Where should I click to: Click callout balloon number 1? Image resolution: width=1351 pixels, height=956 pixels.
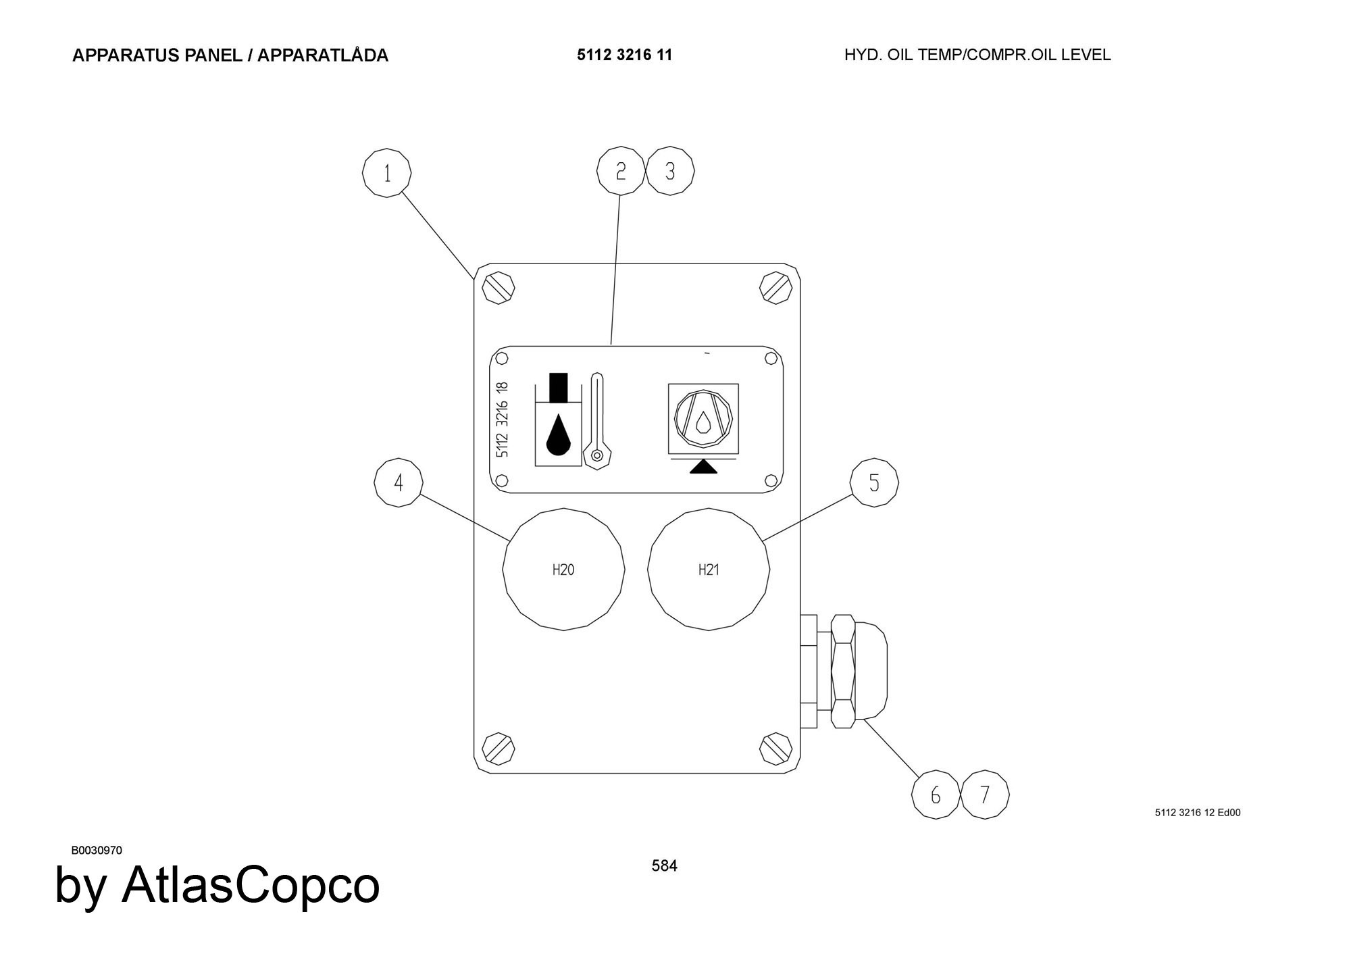point(387,174)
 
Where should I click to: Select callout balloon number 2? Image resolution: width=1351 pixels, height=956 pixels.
point(621,171)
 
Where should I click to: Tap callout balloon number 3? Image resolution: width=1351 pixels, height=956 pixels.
point(670,171)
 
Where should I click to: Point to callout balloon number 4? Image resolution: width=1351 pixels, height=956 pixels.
point(399,482)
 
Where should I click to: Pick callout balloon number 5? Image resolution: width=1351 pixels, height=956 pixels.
point(874,482)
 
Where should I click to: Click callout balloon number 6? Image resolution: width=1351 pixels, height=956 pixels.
point(936,795)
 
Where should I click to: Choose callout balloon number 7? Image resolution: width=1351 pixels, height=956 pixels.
point(985,795)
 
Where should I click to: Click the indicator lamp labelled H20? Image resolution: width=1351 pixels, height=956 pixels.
point(563,570)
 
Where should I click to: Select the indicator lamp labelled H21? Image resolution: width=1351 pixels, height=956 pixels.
point(709,570)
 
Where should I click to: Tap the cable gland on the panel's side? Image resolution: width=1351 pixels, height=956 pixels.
point(844,671)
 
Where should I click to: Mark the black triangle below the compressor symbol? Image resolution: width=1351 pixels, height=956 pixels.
point(703,467)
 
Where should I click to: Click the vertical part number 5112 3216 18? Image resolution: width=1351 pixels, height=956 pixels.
point(502,420)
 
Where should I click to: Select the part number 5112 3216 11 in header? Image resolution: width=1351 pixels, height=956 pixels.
point(625,55)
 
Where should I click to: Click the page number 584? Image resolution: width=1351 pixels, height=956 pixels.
point(664,865)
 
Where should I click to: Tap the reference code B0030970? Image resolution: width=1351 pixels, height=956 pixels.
point(97,850)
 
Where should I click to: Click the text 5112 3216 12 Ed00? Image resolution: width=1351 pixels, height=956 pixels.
point(1198,813)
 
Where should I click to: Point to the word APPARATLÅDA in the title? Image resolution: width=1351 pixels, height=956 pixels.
point(323,55)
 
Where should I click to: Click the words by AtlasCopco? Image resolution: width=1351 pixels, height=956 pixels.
point(218,885)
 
